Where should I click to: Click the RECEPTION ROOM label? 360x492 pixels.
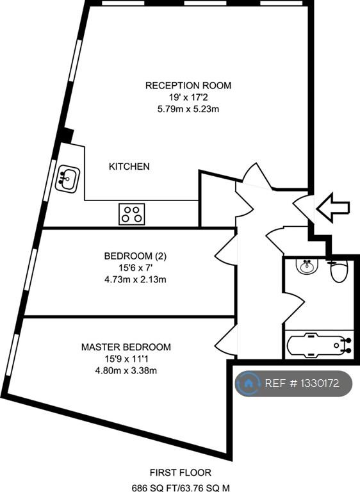coord(188,85)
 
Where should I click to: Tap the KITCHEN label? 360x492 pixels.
coord(129,167)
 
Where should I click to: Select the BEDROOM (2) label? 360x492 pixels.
coord(135,256)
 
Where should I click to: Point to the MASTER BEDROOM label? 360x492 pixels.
coord(126,347)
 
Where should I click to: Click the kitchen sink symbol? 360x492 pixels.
coord(67,179)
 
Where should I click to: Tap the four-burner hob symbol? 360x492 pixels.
coord(132,214)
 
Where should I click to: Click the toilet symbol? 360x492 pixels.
coord(339,270)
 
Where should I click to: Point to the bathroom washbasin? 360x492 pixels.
coord(307,266)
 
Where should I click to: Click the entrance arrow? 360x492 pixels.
coord(332,208)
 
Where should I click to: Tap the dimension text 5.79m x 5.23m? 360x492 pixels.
coord(188,109)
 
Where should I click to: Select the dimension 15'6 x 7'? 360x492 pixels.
coord(135,268)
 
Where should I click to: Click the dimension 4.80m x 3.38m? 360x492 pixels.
coord(126,370)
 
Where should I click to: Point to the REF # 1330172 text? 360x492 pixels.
coord(302,383)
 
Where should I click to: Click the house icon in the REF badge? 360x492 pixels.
coord(248,383)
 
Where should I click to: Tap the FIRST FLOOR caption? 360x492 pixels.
coord(181,472)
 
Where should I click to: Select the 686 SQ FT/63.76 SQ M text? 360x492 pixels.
coord(181,488)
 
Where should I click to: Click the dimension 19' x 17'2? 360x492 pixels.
coord(188,97)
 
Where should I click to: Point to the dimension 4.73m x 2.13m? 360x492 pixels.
coord(135,279)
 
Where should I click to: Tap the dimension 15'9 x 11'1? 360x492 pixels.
coord(126,359)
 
